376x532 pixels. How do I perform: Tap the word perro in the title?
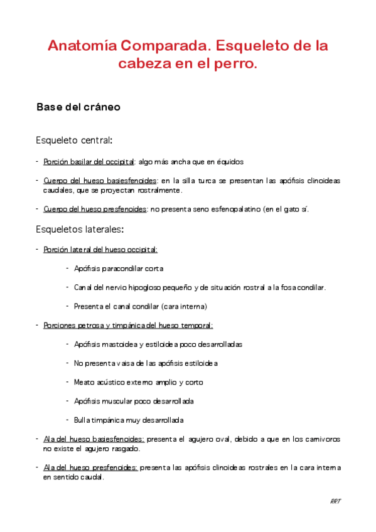[x=237, y=64]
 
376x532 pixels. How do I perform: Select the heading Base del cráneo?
[x=78, y=107]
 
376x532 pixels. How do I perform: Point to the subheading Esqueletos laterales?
[x=80, y=228]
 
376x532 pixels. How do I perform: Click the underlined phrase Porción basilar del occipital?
[x=89, y=161]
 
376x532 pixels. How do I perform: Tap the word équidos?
[x=230, y=161]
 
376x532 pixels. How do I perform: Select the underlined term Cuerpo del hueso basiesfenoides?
[x=100, y=181]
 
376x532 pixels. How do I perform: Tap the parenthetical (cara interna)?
[x=183, y=306]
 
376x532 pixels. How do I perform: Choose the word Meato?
[x=83, y=382]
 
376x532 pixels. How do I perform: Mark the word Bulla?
[x=82, y=420]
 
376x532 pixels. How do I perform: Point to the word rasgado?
[x=125, y=449]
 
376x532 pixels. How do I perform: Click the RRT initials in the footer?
[x=335, y=501]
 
